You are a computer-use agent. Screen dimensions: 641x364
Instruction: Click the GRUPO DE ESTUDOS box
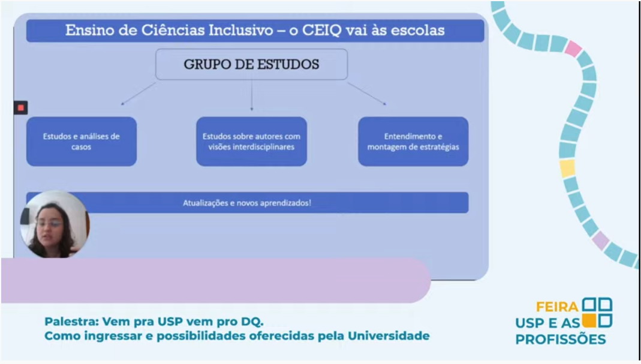tap(251, 64)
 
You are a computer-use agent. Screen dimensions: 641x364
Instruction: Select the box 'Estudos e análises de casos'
tap(82, 142)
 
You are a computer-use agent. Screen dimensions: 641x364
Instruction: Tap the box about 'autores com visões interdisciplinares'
tap(251, 142)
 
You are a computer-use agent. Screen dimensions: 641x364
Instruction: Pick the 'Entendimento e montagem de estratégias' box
tap(413, 142)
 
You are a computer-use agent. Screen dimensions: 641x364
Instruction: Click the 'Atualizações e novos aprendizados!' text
tap(247, 203)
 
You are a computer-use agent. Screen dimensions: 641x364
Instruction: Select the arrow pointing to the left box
tap(138, 94)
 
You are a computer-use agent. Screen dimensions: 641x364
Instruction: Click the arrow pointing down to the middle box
tap(251, 95)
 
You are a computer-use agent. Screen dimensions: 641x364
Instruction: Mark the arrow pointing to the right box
tap(367, 94)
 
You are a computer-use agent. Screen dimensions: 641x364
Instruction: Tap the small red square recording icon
tap(21, 107)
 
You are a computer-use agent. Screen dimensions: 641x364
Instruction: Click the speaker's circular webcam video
tap(55, 224)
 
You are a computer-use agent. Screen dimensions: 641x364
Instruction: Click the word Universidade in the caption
tap(389, 336)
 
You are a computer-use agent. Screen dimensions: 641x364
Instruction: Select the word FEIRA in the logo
tap(557, 307)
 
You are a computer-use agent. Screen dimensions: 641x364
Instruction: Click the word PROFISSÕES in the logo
tap(561, 339)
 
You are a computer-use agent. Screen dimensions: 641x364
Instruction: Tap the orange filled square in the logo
tap(589, 321)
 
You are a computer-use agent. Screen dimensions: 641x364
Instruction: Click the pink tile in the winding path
tap(573, 49)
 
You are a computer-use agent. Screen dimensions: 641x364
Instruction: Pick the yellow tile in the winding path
tap(567, 168)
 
